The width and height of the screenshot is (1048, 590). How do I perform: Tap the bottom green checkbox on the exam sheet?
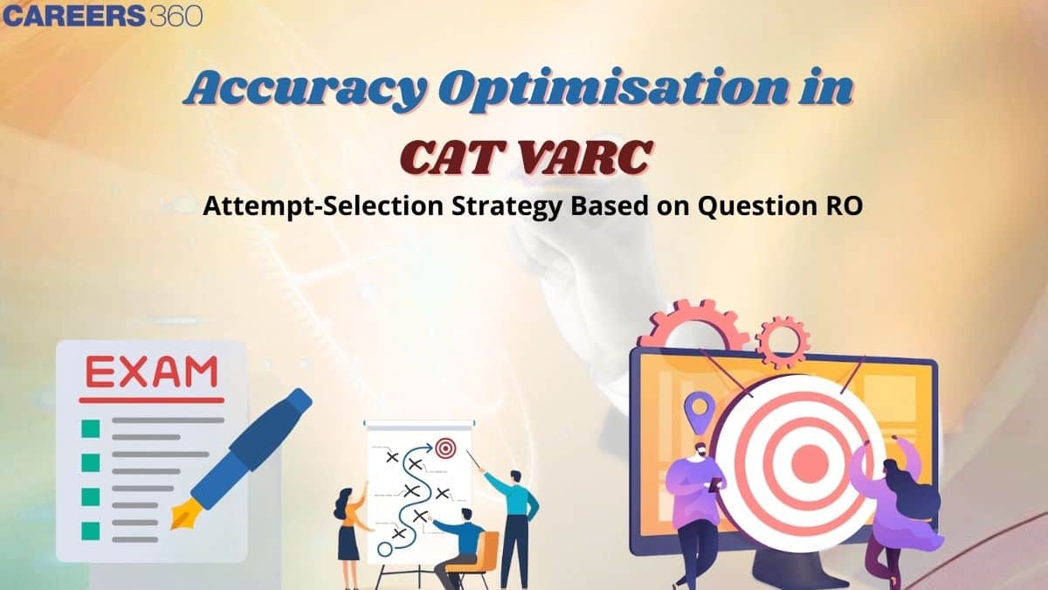90,531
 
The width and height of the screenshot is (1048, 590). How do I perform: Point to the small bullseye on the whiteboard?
445,448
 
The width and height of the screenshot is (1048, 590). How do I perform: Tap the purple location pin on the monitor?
696,408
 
